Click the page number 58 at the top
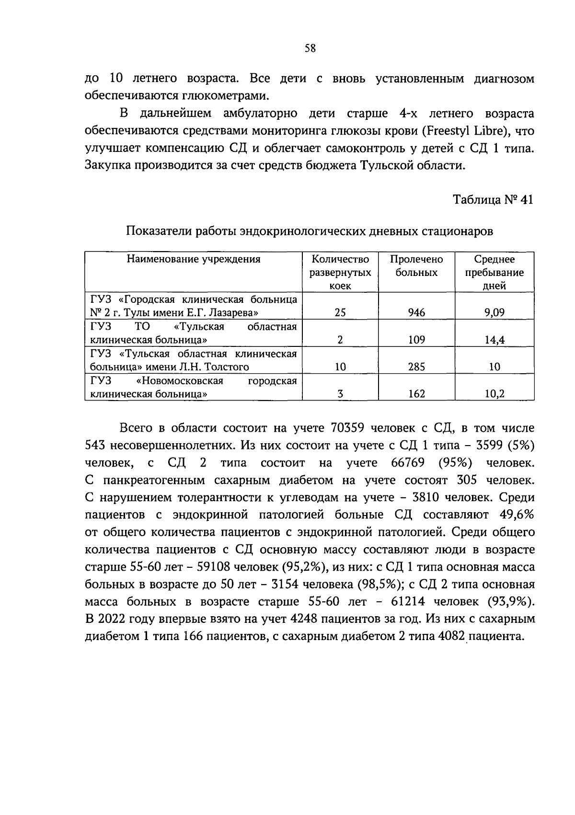pos(310,48)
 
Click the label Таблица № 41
pos(493,200)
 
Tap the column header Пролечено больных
pos(416,266)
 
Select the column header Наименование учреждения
pos(194,259)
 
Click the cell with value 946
pos(416,313)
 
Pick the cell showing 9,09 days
pos(494,313)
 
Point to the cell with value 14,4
pos(494,340)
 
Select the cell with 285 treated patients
pos(416,367)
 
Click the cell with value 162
pos(416,394)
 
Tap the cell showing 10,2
pos(494,394)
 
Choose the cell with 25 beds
pos(340,313)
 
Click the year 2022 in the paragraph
pos(113,619)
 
